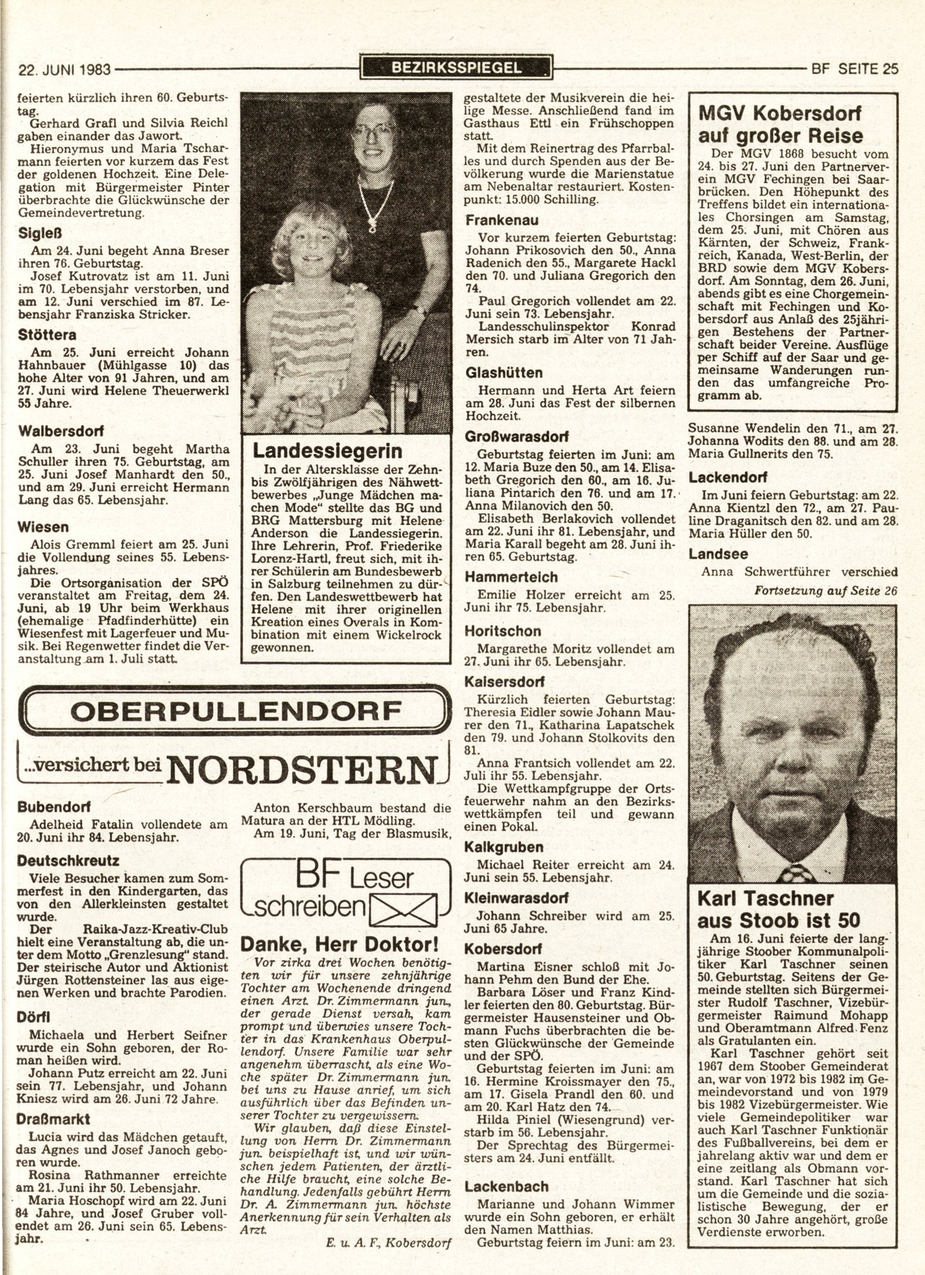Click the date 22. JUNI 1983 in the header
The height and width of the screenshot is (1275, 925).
[63, 69]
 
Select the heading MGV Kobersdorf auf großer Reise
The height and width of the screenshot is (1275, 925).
[781, 124]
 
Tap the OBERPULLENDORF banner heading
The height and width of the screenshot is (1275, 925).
[234, 709]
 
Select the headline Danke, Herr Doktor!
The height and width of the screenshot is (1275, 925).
[341, 943]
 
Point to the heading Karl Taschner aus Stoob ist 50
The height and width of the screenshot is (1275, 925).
[779, 909]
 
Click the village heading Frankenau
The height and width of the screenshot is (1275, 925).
[501, 220]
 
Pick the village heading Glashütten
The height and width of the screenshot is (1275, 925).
[504, 373]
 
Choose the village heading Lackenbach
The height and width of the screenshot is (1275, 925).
[506, 1186]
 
